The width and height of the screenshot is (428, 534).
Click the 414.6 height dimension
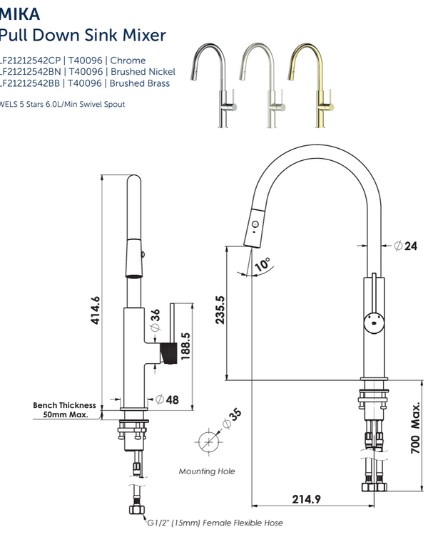[x=95, y=310]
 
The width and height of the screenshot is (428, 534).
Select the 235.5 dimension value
[x=220, y=310]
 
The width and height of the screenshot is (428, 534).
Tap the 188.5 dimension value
[x=185, y=347]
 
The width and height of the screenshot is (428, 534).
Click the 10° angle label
[x=263, y=264]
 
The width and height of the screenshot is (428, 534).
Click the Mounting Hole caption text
[x=206, y=471]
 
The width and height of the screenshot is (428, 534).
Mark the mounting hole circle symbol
[x=207, y=441]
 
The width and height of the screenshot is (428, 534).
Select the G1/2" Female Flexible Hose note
[x=215, y=523]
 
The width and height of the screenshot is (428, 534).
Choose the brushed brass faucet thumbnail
[x=310, y=83]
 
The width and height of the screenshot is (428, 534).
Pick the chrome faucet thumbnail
[x=210, y=83]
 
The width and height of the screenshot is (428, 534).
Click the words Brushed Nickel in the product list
[x=138, y=72]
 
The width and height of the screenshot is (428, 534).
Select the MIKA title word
[x=19, y=14]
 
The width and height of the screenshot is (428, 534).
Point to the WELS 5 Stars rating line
[x=63, y=104]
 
